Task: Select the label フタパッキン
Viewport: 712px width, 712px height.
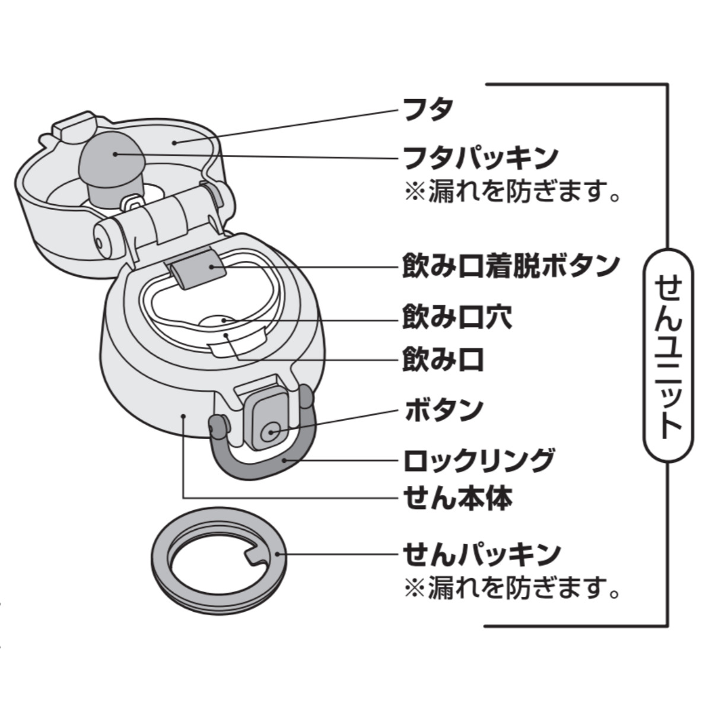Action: click(480, 158)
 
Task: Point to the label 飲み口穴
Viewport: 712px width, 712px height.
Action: click(457, 317)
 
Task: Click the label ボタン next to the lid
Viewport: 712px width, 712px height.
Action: click(444, 410)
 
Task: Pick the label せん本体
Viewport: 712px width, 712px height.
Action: click(457, 498)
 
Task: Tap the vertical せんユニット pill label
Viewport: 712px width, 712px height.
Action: click(668, 355)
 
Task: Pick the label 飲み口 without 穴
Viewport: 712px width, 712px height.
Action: click(443, 359)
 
